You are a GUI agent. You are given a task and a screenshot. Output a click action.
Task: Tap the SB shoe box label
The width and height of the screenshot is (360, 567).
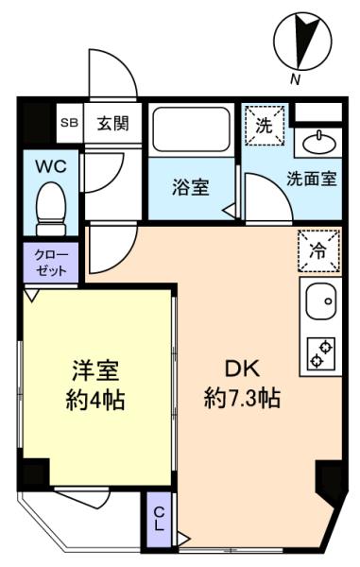pyautogui.click(x=69, y=122)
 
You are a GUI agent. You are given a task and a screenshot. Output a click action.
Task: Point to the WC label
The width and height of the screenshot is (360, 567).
pyautogui.click(x=49, y=165)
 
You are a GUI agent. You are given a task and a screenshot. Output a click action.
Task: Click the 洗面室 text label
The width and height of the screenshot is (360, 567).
pyautogui.click(x=312, y=180)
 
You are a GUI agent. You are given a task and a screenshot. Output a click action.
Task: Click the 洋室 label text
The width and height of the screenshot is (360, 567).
pyautogui.click(x=97, y=369)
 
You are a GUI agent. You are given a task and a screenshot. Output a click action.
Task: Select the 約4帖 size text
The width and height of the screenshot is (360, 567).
pyautogui.click(x=97, y=398)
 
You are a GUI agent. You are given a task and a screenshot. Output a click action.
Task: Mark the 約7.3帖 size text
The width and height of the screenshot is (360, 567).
pyautogui.click(x=242, y=398)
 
